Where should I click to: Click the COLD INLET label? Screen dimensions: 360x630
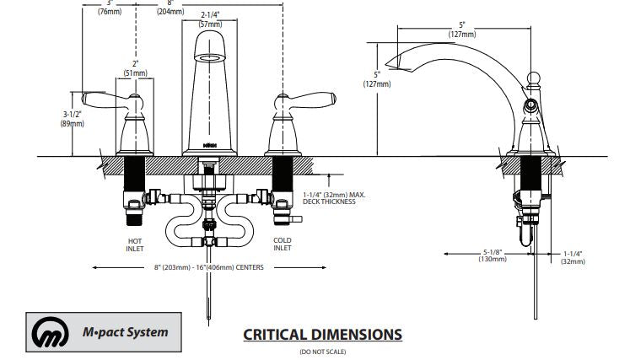(282, 245)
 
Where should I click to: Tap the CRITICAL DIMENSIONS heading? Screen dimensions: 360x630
(322, 334)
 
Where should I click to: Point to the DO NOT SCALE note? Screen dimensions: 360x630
(322, 352)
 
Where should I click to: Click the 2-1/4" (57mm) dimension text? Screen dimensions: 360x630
(211, 20)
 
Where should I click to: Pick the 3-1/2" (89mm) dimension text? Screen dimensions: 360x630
(73, 119)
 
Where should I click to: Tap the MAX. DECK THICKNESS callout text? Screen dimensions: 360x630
(335, 198)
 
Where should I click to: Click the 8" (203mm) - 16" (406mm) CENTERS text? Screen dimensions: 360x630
(209, 267)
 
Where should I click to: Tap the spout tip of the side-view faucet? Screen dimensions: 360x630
(391, 62)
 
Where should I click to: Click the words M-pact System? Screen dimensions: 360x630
(130, 331)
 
